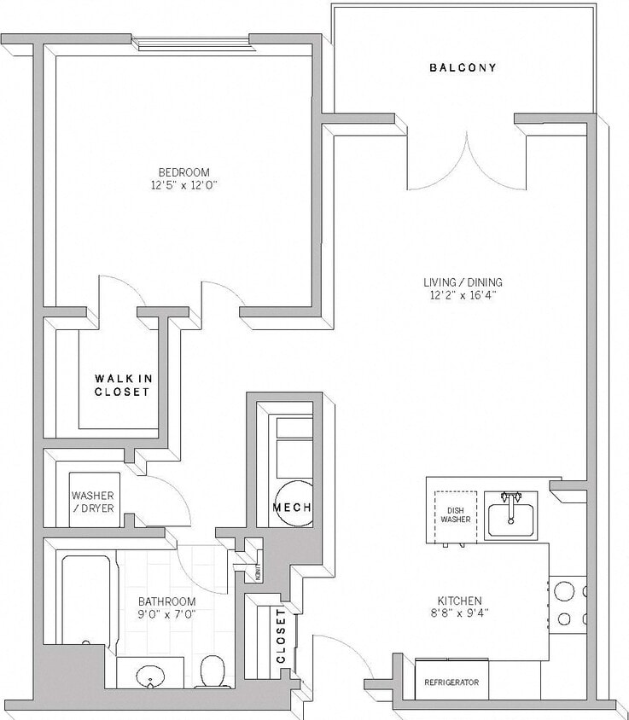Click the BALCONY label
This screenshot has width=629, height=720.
coord(463,67)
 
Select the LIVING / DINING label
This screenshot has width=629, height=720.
coord(463,282)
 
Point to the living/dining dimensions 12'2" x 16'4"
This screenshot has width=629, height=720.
coord(463,295)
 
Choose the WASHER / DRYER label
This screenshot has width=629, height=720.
coord(93,502)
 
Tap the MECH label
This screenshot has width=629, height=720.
coord(292,508)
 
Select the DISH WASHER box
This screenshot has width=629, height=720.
coord(455,515)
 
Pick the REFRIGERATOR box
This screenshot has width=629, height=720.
coord(451,683)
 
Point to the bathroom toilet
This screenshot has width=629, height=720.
coord(210,671)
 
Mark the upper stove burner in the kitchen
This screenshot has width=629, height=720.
coord(564,590)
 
